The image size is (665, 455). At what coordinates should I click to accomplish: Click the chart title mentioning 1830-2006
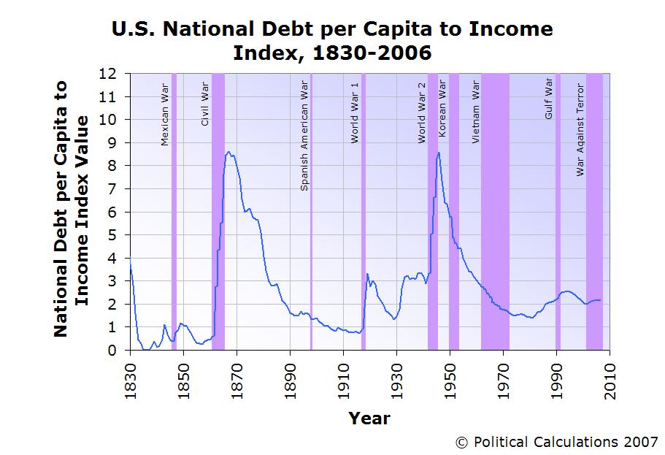click(x=332, y=41)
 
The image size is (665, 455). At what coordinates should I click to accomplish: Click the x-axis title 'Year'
click(x=369, y=418)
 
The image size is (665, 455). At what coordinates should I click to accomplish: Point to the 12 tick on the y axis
click(x=108, y=74)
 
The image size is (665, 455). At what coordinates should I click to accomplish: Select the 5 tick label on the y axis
click(x=112, y=235)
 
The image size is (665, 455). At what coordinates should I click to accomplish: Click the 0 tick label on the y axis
click(x=112, y=351)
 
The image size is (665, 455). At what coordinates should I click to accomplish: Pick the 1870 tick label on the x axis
click(x=237, y=377)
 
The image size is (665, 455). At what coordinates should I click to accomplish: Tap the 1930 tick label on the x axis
click(x=396, y=377)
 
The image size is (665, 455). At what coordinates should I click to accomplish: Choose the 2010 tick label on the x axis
click(x=610, y=377)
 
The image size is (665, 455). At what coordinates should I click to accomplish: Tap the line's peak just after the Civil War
click(x=229, y=152)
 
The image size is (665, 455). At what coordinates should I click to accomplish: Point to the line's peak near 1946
click(x=438, y=153)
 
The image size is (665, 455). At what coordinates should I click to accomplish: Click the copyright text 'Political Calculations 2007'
click(x=556, y=442)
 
